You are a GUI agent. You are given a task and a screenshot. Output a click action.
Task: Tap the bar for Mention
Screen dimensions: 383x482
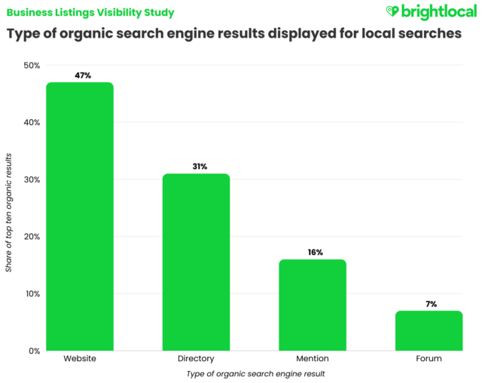click(x=312, y=305)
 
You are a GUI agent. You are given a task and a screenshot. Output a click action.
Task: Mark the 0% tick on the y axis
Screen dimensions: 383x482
click(x=32, y=351)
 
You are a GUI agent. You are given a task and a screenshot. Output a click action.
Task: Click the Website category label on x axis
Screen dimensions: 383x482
click(x=79, y=359)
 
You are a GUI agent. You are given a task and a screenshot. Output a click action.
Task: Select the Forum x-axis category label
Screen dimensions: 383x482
click(x=428, y=359)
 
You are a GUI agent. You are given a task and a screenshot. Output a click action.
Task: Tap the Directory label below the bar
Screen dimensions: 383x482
click(x=195, y=359)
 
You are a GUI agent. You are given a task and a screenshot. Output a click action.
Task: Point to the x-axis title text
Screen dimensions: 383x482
click(x=254, y=374)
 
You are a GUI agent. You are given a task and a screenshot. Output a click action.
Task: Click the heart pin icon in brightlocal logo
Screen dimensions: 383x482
click(x=391, y=11)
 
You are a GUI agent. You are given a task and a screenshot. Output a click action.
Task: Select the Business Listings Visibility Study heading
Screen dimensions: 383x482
click(x=90, y=12)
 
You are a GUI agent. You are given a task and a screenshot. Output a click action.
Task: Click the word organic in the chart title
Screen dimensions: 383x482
click(x=94, y=34)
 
